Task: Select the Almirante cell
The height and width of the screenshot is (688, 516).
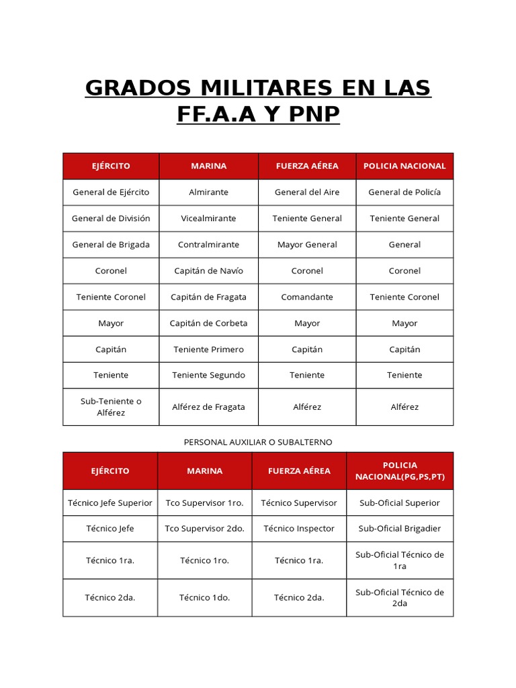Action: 208,192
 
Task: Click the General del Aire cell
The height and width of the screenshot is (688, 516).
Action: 307,192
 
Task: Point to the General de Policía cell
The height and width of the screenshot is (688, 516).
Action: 404,192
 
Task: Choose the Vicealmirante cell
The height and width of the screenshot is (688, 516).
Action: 208,218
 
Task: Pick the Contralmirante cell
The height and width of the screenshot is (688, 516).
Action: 208,245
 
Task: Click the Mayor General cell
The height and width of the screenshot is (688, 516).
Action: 307,245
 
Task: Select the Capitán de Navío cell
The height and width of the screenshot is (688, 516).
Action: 208,271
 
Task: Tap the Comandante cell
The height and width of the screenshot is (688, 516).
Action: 307,297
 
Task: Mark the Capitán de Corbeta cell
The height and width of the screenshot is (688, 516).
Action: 208,323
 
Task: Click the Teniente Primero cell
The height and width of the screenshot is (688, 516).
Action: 208,349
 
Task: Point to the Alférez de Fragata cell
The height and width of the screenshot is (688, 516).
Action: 208,407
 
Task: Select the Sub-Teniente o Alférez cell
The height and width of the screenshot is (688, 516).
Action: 111,407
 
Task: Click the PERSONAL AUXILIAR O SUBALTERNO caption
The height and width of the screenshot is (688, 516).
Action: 258,442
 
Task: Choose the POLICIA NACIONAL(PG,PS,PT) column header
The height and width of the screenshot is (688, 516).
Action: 400,471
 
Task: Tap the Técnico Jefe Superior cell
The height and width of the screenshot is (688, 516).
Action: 110,503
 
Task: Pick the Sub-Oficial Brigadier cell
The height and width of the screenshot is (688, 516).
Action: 400,529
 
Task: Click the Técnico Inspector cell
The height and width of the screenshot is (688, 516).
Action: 299,529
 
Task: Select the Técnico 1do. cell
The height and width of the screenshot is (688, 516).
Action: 205,597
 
